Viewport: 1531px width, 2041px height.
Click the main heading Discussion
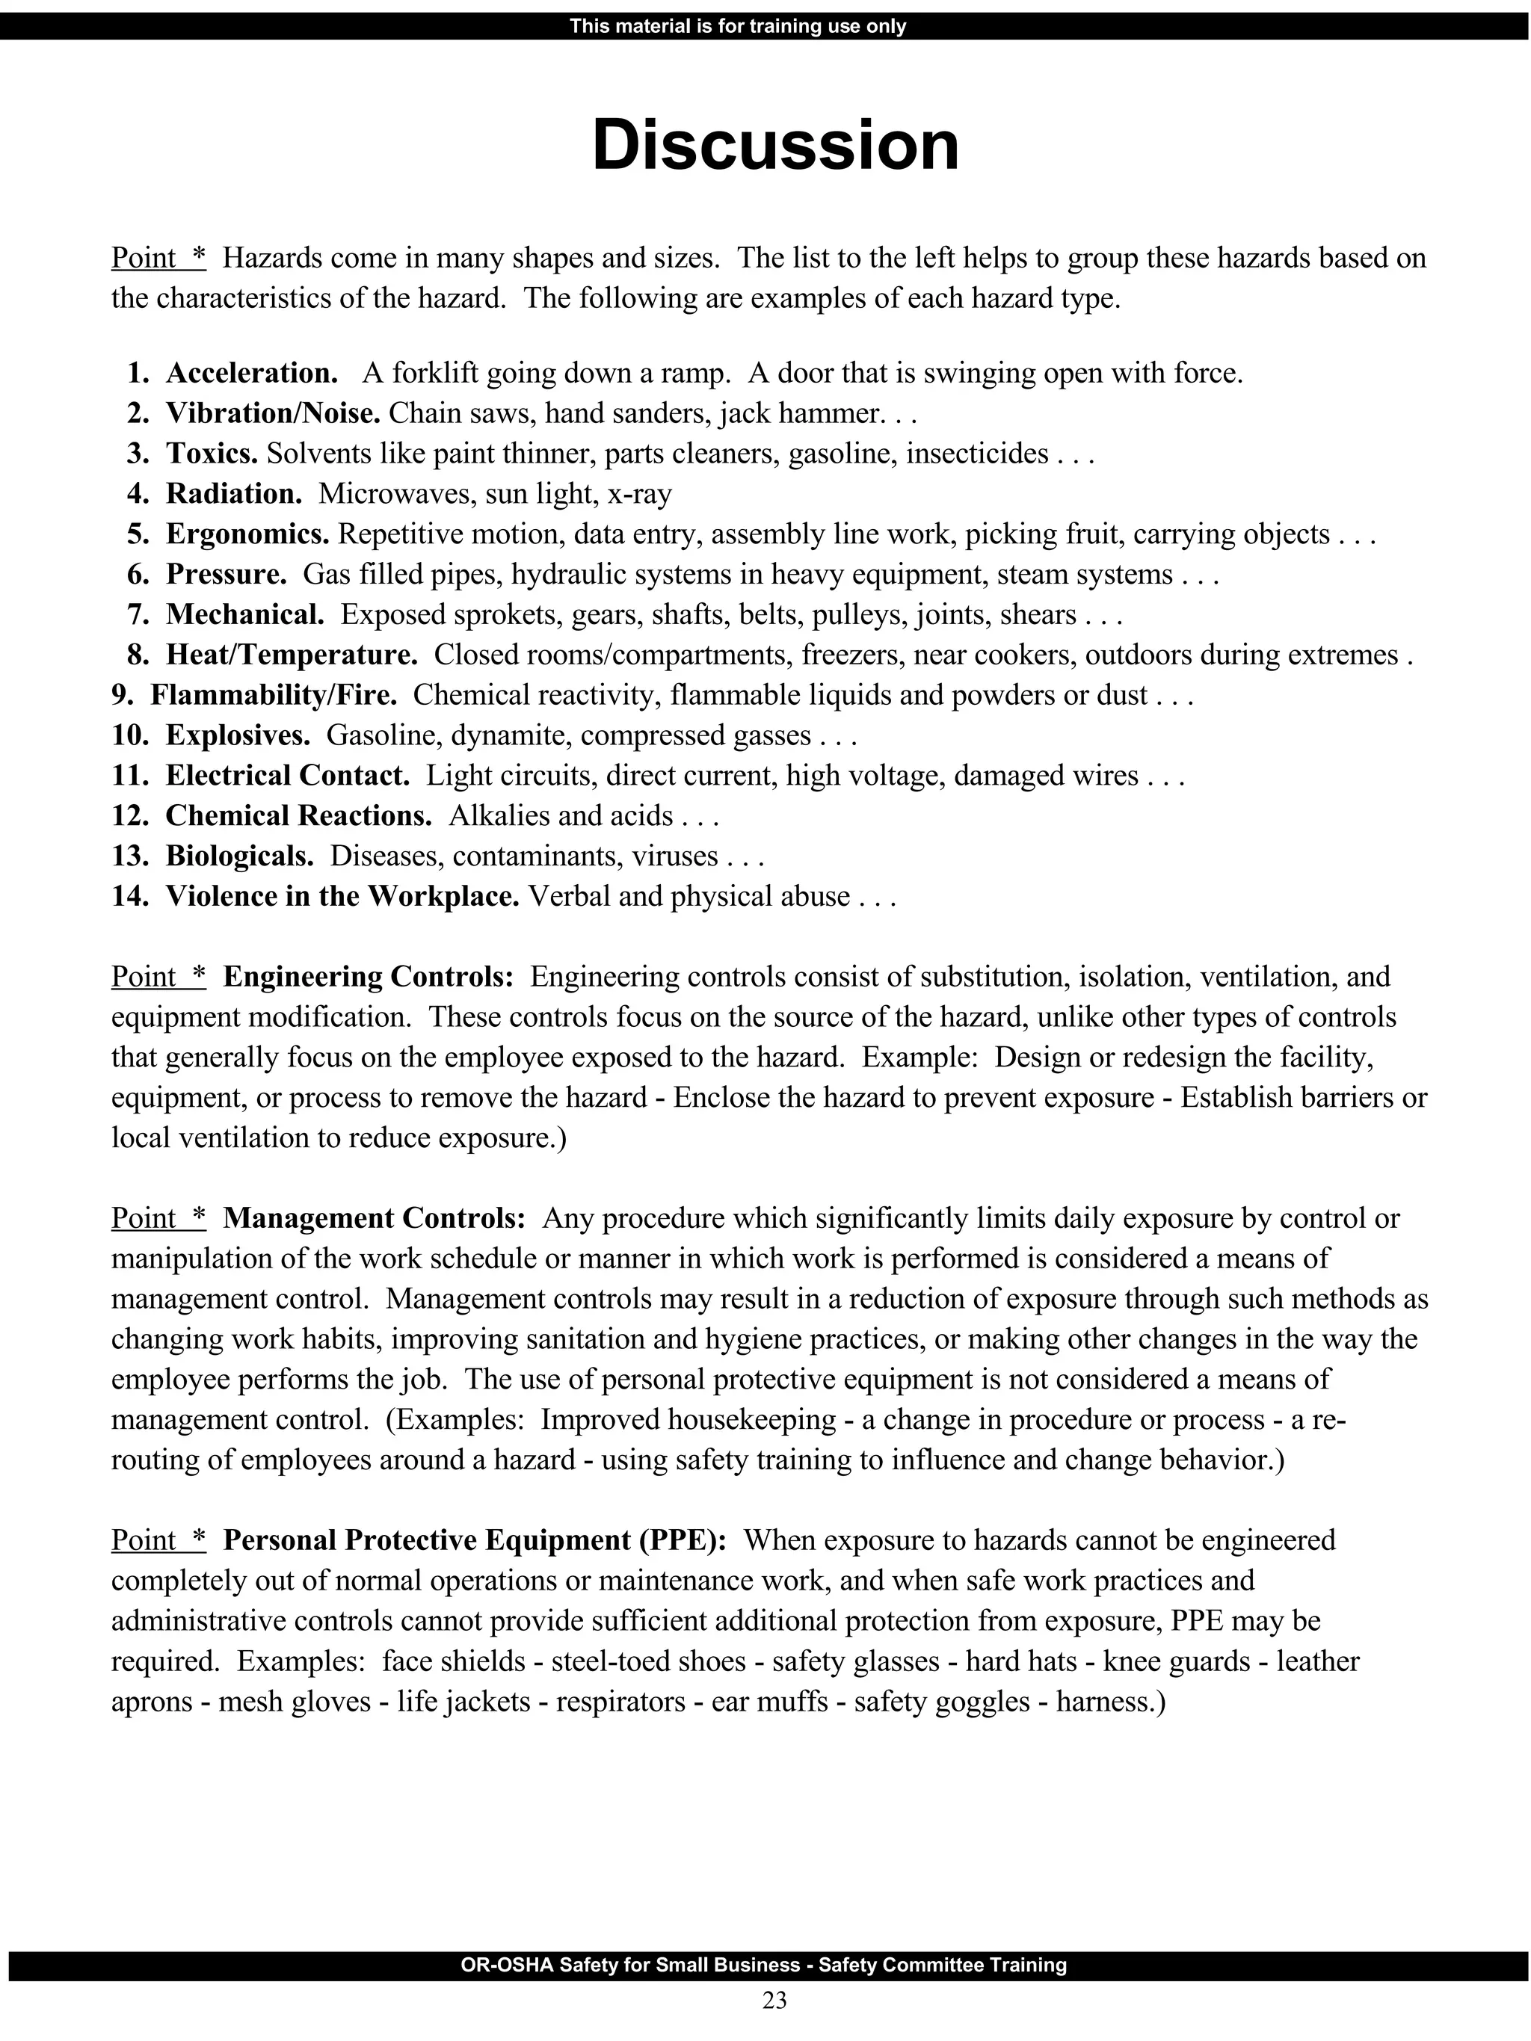point(775,146)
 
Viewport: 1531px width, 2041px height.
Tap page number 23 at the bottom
point(774,1999)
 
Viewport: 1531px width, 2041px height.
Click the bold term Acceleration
point(252,373)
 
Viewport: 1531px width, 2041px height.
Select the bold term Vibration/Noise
point(273,413)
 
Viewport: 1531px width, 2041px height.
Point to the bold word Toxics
point(212,454)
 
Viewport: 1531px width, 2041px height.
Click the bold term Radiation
point(233,494)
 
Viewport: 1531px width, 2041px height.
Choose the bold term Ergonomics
point(247,534)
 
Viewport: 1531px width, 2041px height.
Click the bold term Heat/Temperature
point(292,655)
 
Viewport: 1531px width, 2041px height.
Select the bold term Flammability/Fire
point(273,695)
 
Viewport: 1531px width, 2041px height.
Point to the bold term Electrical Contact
point(287,775)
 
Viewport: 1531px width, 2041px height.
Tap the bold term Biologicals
point(239,856)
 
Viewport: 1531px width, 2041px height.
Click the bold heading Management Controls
point(374,1218)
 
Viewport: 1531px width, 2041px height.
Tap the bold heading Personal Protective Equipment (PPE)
point(475,1540)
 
